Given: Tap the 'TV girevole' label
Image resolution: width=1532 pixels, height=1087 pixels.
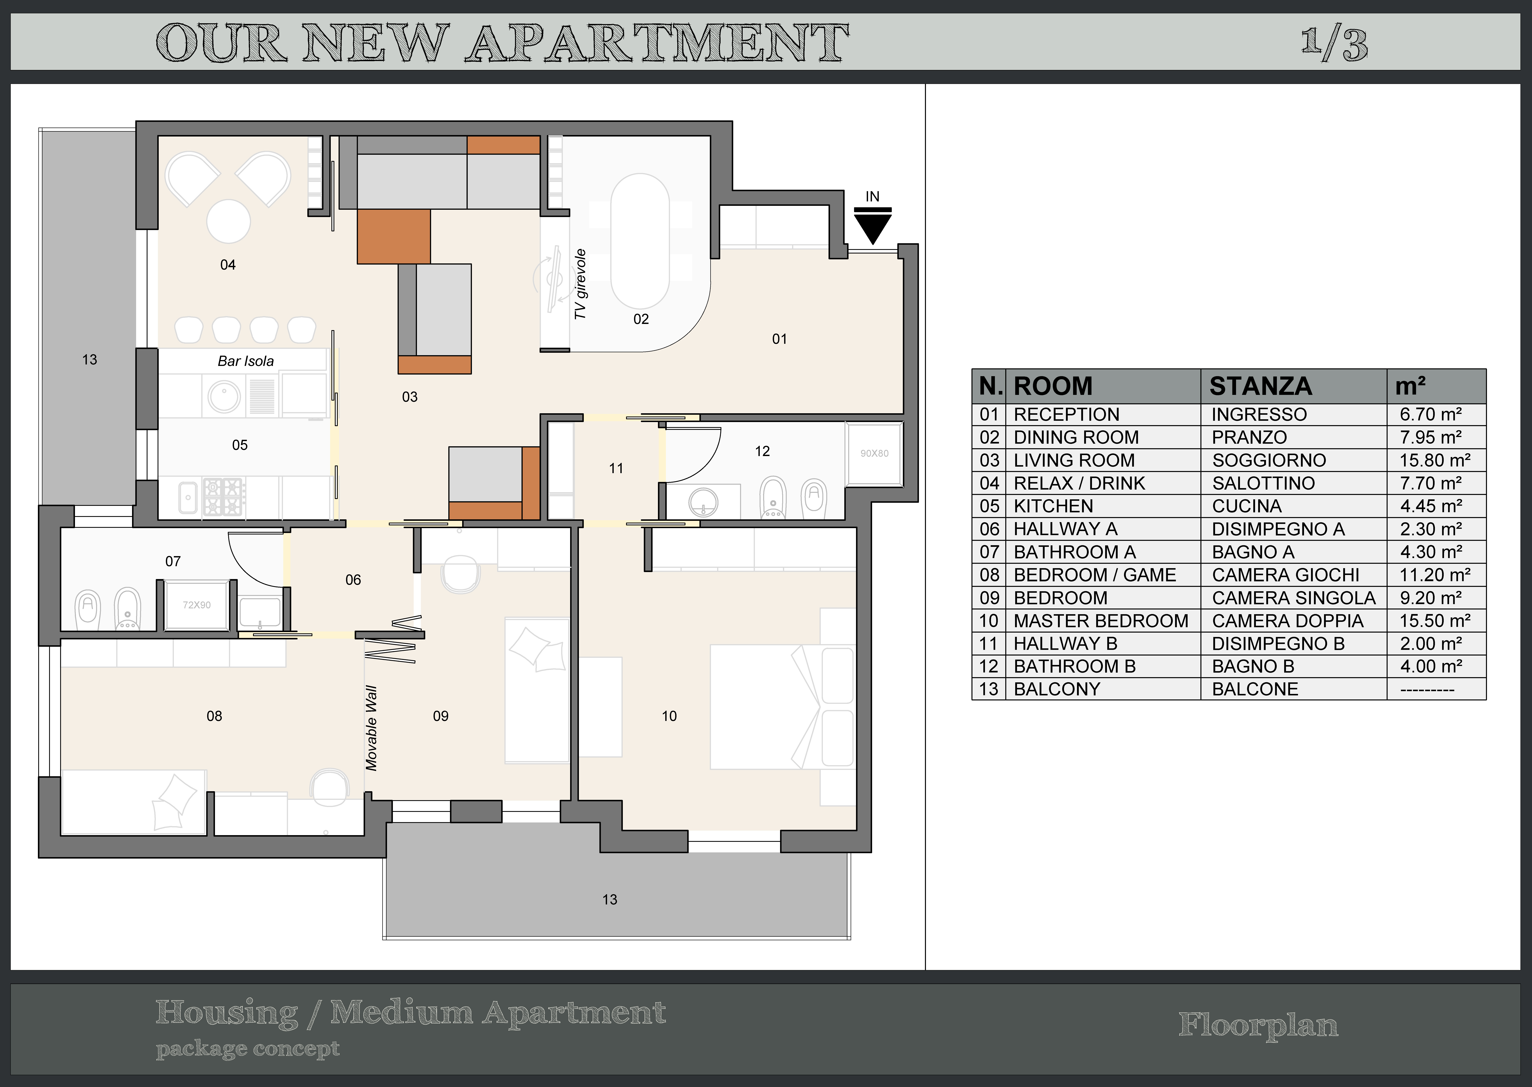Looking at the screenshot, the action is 580,284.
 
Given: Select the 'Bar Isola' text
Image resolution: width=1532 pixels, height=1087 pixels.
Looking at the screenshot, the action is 246,362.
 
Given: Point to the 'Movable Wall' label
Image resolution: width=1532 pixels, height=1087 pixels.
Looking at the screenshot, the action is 371,728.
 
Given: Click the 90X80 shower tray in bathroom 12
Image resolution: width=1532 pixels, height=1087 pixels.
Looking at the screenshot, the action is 874,453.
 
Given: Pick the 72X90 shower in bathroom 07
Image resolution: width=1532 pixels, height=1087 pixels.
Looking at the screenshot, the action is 197,605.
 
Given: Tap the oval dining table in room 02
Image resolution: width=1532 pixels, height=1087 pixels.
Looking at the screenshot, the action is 640,241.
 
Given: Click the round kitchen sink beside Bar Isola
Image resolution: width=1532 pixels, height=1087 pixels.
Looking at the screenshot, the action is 224,396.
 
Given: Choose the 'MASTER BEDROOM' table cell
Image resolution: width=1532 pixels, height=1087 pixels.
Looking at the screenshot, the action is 1101,621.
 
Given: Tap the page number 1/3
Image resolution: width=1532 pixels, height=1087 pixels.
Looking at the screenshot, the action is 1335,44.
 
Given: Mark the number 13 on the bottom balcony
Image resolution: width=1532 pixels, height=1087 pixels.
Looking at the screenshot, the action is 609,900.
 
